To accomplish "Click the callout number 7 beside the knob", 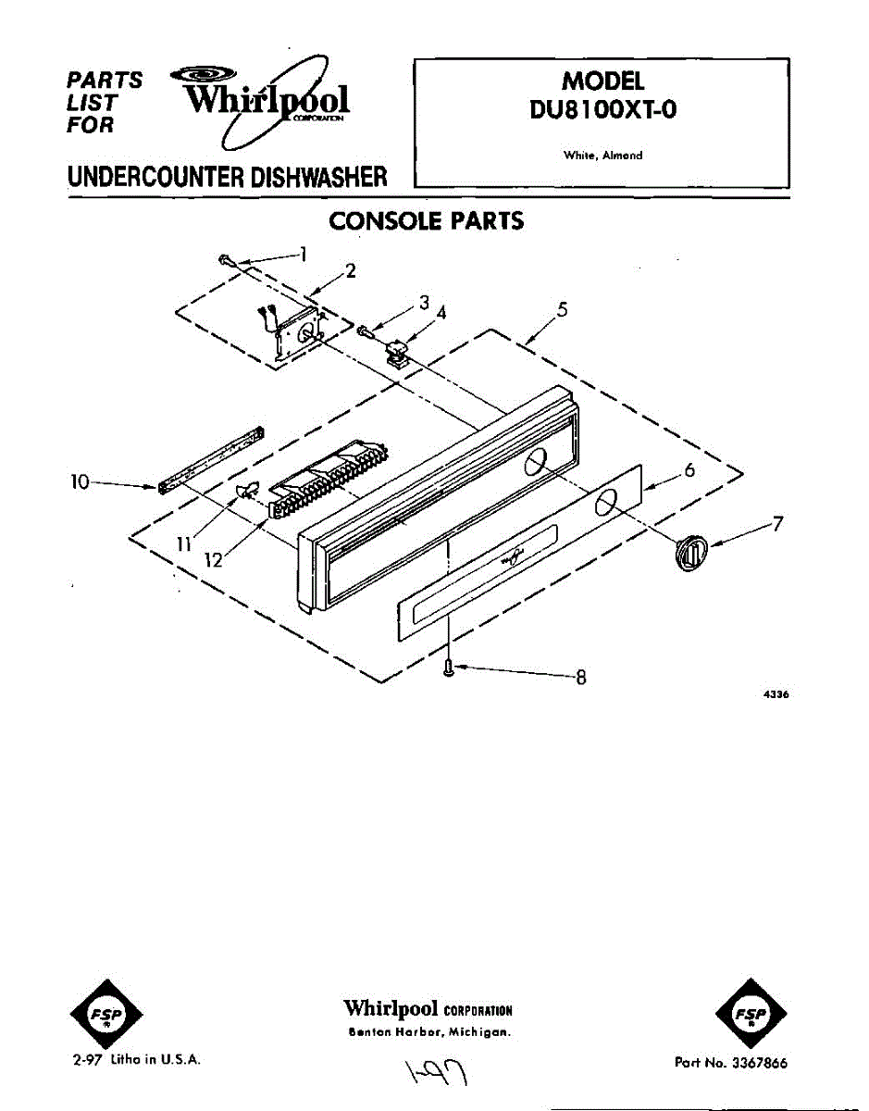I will (x=779, y=524).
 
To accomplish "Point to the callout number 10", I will (x=80, y=481).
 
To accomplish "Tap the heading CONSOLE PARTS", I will (x=427, y=221).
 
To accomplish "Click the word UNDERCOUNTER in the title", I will (x=145, y=176).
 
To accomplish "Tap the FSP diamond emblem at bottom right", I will (x=752, y=1015).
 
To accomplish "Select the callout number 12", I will (x=214, y=561).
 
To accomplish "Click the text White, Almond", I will (x=602, y=156).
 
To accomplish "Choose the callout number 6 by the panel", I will (x=689, y=470).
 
